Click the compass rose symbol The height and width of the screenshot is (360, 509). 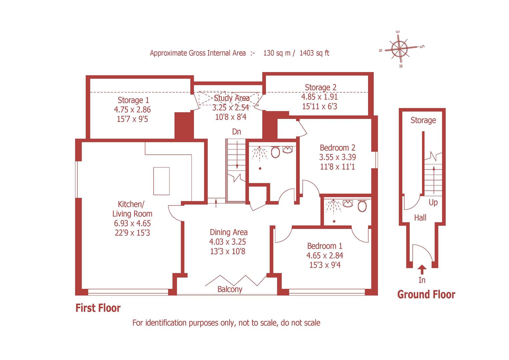point(399,49)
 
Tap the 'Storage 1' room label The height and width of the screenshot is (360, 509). point(133,100)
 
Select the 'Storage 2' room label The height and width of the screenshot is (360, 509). point(320,87)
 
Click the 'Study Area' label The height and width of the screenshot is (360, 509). point(231,98)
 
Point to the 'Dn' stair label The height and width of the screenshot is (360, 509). point(236,132)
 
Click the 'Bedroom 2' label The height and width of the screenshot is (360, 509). point(337,148)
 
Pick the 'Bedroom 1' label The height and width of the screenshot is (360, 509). point(324,246)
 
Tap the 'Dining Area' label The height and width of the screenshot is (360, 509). point(228,232)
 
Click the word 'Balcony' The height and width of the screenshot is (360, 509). point(230,289)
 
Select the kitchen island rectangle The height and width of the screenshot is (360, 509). point(161,181)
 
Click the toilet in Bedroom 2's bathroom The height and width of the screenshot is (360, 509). point(275,152)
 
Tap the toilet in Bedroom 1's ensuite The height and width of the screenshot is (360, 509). point(362,206)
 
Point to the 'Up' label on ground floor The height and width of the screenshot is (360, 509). point(433,202)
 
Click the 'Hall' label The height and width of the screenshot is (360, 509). point(420,218)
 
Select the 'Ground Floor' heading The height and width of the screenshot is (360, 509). point(426,295)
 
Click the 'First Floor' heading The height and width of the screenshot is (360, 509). point(98,308)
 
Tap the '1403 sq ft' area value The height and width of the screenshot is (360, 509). point(314,53)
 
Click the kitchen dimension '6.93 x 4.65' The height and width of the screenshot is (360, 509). point(132,223)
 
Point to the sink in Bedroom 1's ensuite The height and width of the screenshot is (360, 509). point(348,204)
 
